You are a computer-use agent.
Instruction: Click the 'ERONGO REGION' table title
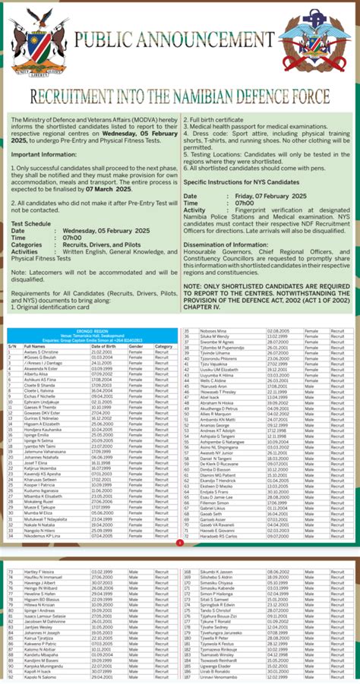coord(90,331)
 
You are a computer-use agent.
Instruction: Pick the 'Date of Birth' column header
coord(103,345)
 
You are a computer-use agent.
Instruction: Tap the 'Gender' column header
coord(135,345)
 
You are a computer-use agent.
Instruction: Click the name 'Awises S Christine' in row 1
coord(41,353)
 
